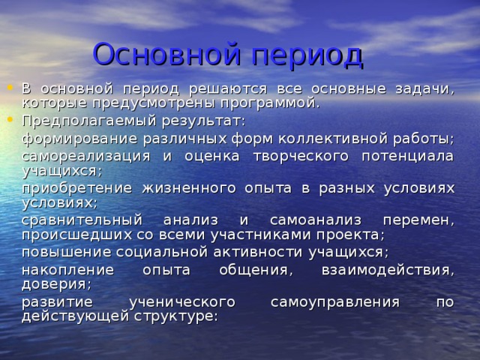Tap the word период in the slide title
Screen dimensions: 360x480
pos(307,55)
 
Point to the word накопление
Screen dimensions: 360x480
pos(67,270)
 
